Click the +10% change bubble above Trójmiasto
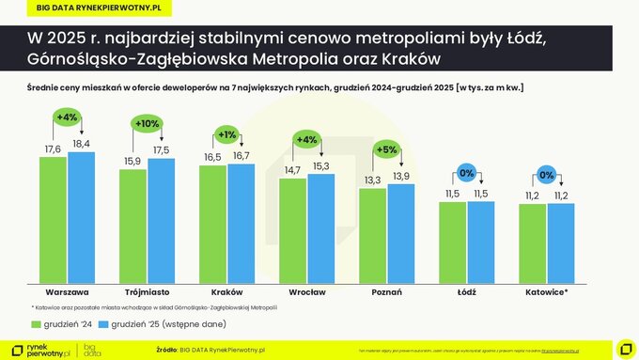[148, 124]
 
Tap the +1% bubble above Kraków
[227, 133]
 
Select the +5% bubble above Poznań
[387, 149]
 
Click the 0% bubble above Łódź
[467, 173]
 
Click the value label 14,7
[292, 169]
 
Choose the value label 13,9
[400, 177]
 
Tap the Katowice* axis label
[547, 293]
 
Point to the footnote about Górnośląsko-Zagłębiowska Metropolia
[154, 307]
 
